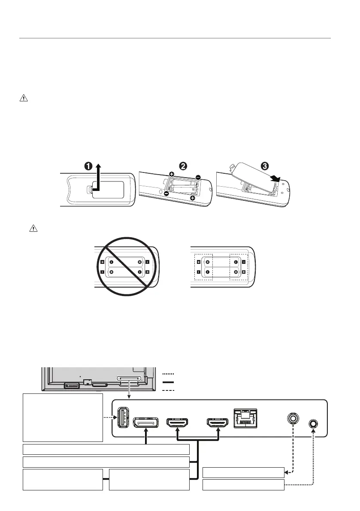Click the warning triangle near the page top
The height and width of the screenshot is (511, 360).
[23, 99]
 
